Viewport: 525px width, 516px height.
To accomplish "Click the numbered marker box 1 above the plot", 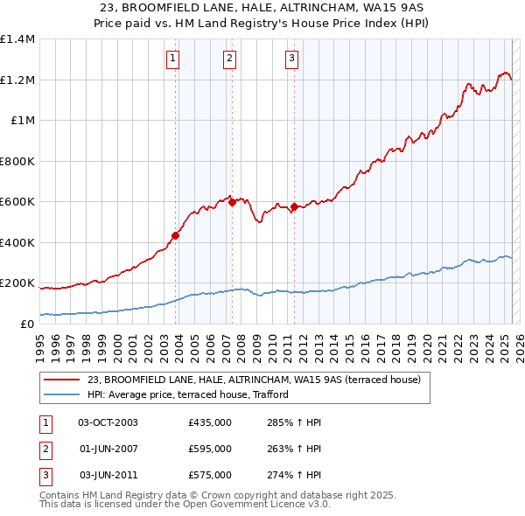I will tap(172, 59).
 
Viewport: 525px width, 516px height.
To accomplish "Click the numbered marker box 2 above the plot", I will tap(228, 59).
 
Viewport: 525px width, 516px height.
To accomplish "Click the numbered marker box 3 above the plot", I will tap(290, 59).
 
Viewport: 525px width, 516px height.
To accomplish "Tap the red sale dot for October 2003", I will tap(176, 234).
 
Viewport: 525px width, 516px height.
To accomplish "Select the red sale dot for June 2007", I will tap(232, 202).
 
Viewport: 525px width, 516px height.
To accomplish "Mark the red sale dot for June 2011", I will tap(294, 206).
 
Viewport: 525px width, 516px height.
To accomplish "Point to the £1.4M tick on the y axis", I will tap(17, 39).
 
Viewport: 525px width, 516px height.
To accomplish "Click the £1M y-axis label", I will tap(22, 121).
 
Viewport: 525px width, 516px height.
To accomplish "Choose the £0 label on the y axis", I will tap(26, 324).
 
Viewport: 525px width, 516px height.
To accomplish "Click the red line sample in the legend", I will tap(61, 380).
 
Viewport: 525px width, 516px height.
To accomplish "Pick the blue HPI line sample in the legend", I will tap(61, 394).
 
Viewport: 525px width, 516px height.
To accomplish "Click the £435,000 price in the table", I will tap(210, 422).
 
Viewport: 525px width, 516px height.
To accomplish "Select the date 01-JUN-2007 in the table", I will tap(108, 449).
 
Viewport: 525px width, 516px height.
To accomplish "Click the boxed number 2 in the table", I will tap(45, 449).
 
